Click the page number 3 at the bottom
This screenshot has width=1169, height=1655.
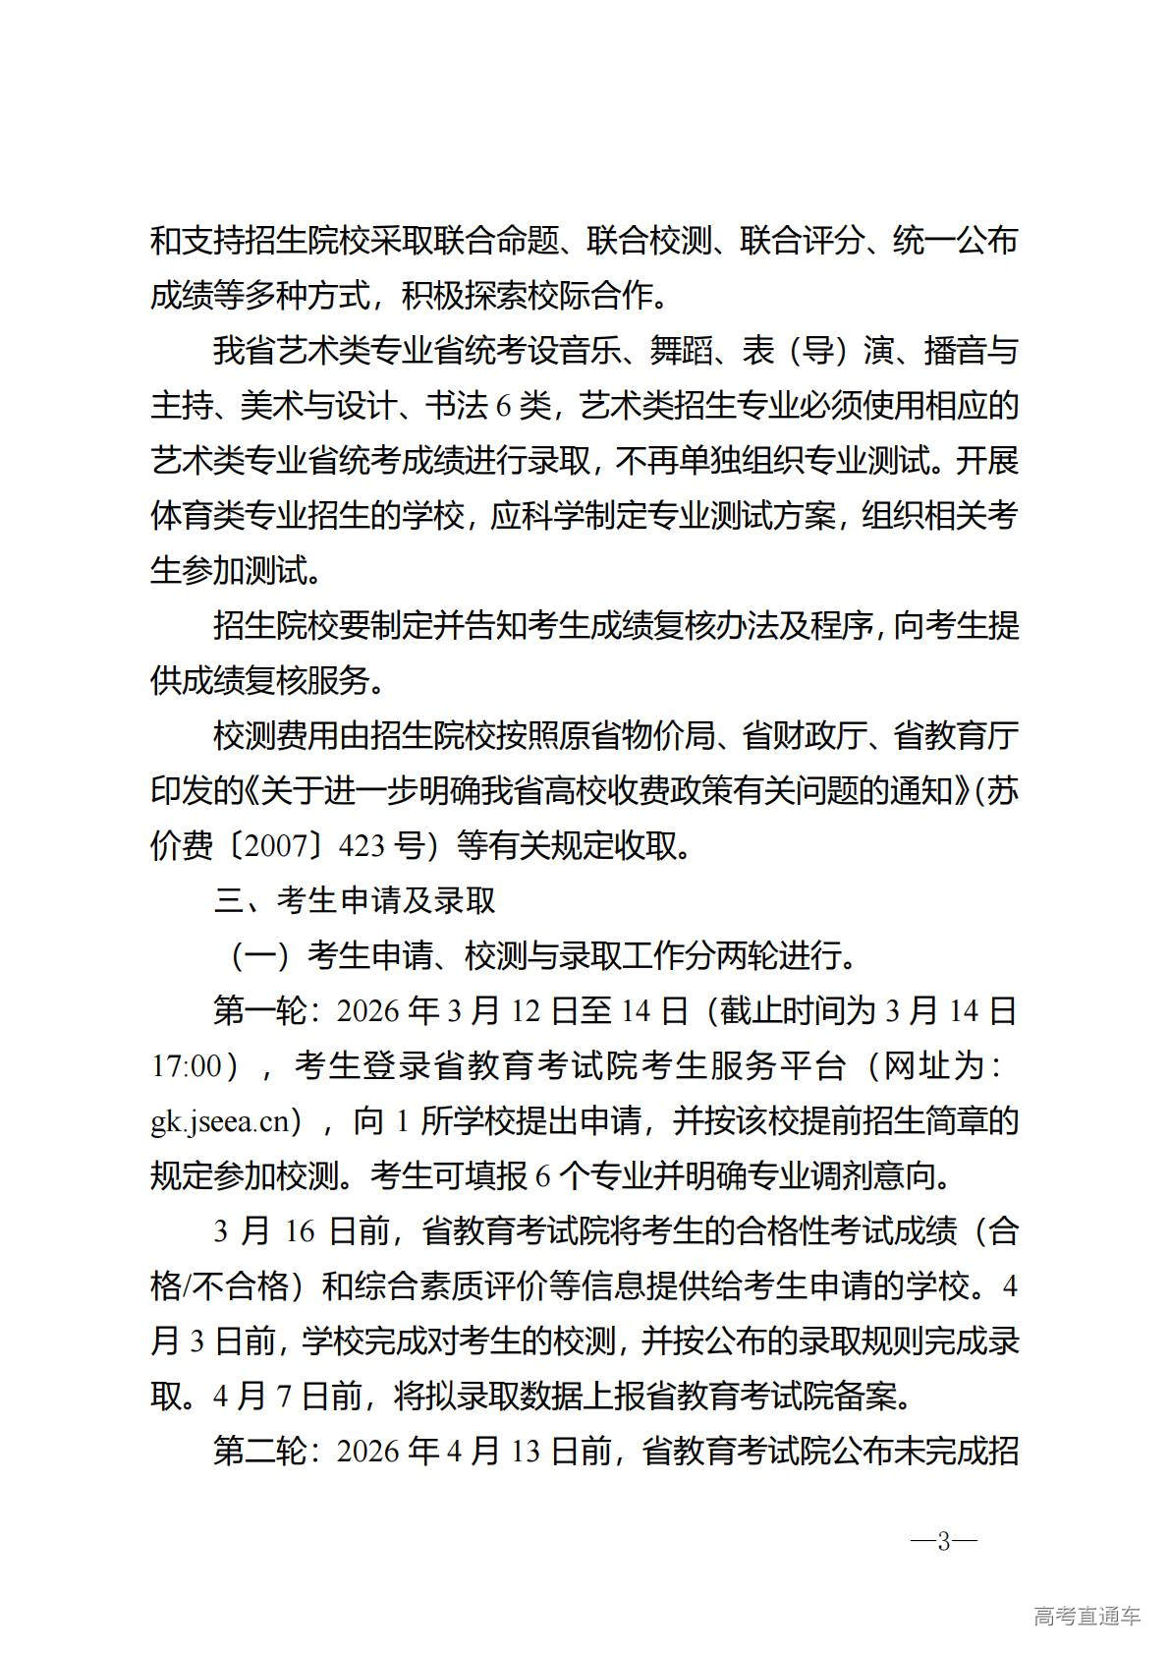click(x=943, y=1541)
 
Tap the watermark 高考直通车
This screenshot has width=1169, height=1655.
click(x=1086, y=1616)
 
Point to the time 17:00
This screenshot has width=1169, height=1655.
click(x=187, y=1066)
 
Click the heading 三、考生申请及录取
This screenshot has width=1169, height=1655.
click(x=355, y=899)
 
